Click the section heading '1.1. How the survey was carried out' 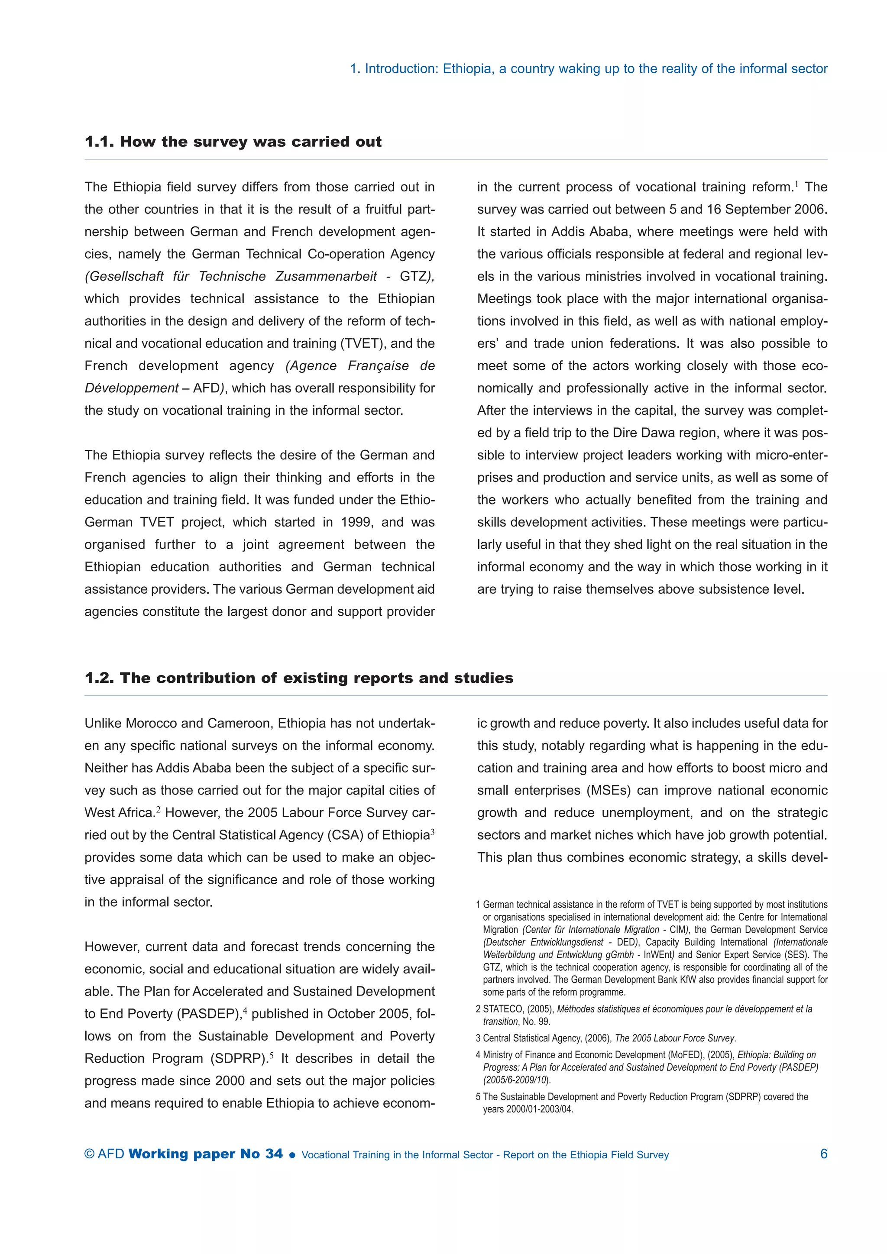[x=233, y=142]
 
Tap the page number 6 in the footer [x=824, y=1154]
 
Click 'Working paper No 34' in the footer [x=206, y=1154]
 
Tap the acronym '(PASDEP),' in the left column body [x=209, y=1014]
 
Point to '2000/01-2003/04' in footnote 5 [x=540, y=1109]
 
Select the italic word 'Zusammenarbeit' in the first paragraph [x=326, y=276]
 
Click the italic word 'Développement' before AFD [x=131, y=388]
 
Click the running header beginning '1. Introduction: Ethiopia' [x=588, y=69]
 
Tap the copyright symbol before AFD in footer [x=90, y=1154]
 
